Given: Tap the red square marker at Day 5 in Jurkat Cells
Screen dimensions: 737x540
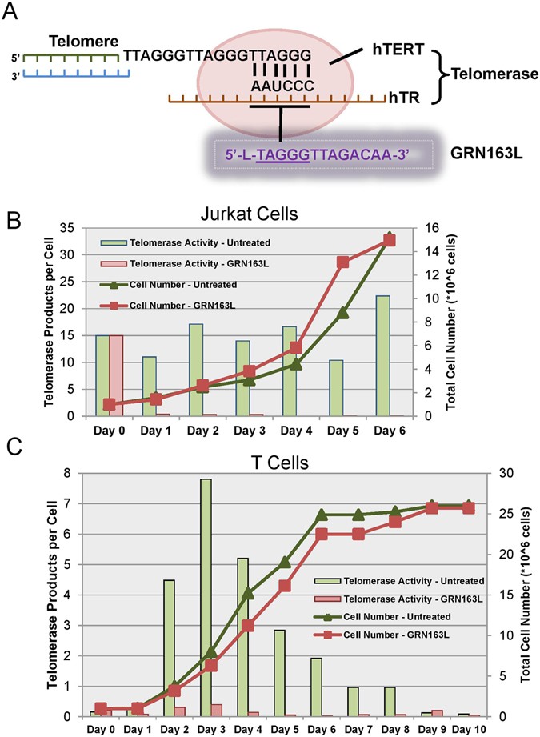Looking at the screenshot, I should pyautogui.click(x=342, y=262).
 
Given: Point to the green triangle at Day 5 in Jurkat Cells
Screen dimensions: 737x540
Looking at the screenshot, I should pyautogui.click(x=342, y=313).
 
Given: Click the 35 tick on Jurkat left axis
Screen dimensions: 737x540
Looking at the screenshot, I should pyautogui.click(x=75, y=228).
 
